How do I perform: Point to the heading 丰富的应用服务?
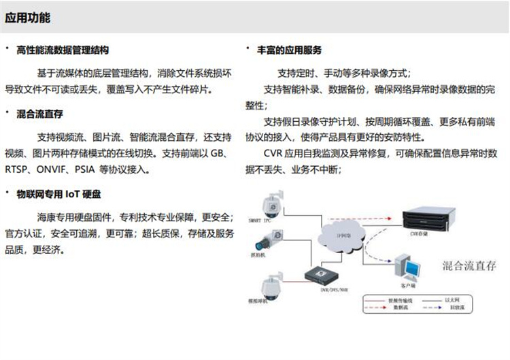[289, 50]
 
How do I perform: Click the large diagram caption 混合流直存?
[469, 265]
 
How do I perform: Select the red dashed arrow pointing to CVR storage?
[381, 219]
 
